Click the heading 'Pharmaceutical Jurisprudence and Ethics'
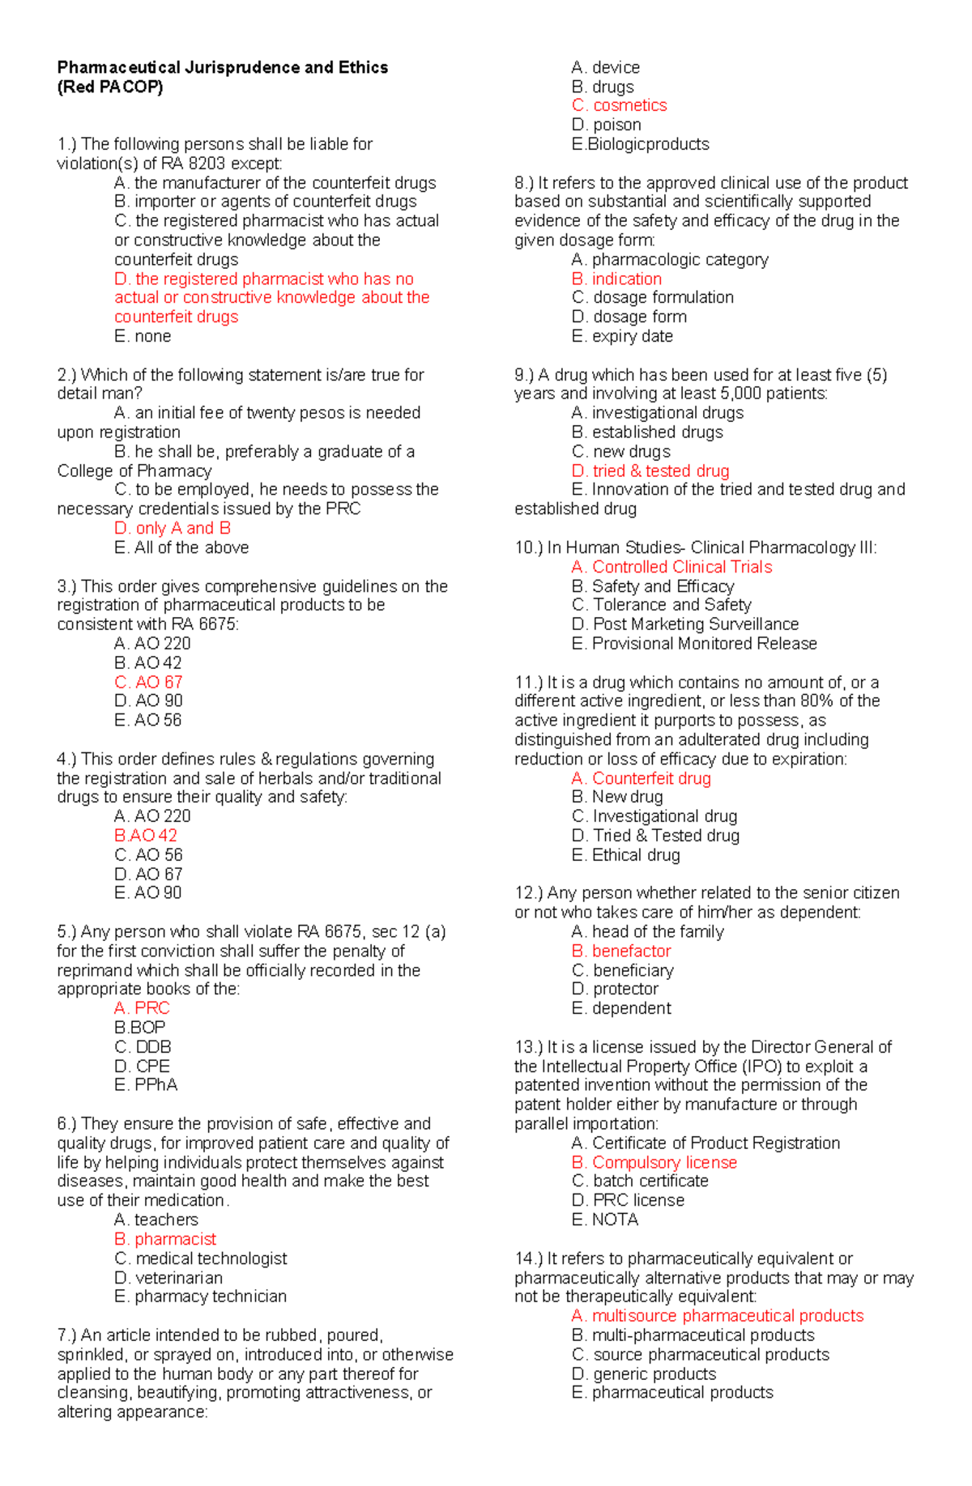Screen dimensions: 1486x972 (x=222, y=67)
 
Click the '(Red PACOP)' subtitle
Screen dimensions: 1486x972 (x=109, y=87)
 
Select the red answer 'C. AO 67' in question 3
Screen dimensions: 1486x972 (x=148, y=682)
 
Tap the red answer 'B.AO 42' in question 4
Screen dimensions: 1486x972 (x=146, y=836)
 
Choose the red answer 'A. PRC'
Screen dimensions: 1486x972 (x=142, y=1008)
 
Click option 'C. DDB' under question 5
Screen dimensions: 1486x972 (x=143, y=1047)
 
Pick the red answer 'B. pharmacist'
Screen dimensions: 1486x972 (x=165, y=1239)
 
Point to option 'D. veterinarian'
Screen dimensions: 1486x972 (x=168, y=1278)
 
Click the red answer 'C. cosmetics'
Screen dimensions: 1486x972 (x=619, y=105)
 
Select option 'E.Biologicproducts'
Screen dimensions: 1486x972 (x=640, y=144)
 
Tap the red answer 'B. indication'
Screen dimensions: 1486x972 (x=616, y=279)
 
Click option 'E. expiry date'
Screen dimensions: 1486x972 (x=622, y=336)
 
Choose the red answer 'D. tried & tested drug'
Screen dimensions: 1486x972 (x=650, y=470)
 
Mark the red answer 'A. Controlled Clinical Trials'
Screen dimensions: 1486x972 (x=671, y=567)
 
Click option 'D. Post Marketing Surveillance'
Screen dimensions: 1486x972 (x=684, y=624)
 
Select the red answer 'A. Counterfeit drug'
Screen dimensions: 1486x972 (x=641, y=778)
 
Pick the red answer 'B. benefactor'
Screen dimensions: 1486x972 (x=621, y=951)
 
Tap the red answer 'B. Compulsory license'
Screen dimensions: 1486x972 (x=654, y=1162)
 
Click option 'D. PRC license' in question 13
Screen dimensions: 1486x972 (x=628, y=1200)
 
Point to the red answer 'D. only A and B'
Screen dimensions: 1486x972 (x=173, y=528)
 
